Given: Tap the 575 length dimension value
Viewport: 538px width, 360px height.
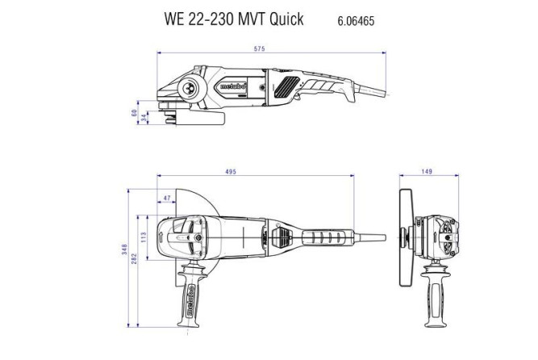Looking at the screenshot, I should coord(259,50).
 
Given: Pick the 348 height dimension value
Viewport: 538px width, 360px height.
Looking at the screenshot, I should coord(124,251).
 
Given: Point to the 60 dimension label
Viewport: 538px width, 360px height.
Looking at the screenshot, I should coord(134,113).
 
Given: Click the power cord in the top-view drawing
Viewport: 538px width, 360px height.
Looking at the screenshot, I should coord(367,237).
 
